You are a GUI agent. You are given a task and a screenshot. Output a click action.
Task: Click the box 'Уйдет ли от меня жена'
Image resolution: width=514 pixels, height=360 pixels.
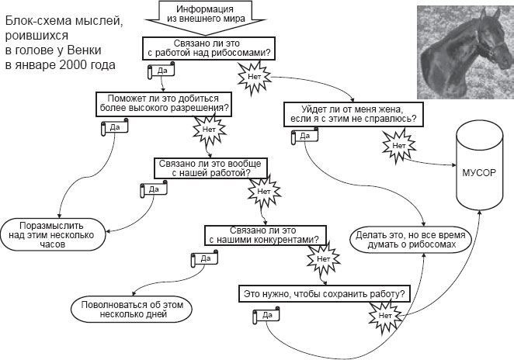352,113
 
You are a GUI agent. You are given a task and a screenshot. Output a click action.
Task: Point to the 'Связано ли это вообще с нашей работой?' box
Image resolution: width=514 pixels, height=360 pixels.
212,168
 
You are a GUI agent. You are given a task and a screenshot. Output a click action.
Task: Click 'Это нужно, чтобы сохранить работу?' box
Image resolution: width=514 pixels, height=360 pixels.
324,294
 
